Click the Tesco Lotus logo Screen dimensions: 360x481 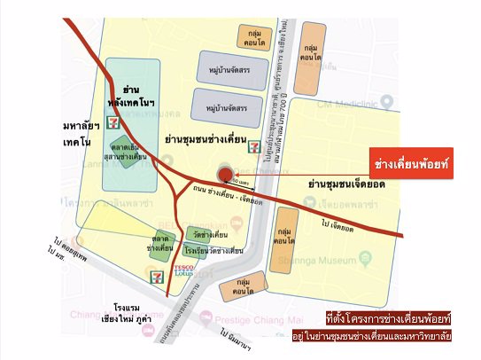click(183, 269)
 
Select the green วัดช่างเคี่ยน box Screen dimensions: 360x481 click(210, 234)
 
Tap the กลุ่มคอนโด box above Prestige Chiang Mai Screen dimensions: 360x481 click(237, 287)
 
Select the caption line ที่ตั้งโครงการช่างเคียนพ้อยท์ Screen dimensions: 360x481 click(388, 317)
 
